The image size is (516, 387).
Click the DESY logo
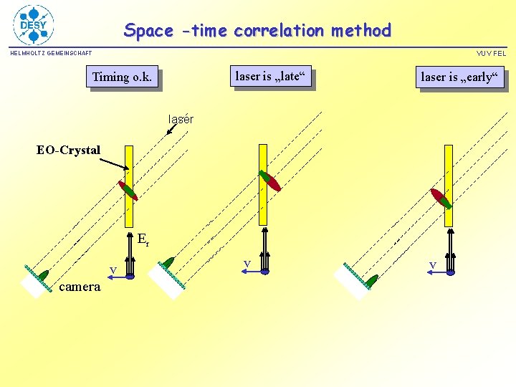[33, 25]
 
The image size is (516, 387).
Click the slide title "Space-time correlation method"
[257, 31]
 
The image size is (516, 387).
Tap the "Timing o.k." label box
[122, 77]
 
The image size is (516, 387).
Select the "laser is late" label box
[271, 75]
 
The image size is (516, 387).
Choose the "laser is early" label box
[460, 77]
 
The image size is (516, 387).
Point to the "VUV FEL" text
[491, 53]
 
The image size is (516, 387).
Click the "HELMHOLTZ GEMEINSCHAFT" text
[51, 53]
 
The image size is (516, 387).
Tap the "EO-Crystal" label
[69, 150]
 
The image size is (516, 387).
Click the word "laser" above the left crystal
[180, 118]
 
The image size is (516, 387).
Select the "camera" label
[80, 287]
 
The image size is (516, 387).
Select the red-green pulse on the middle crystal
[269, 181]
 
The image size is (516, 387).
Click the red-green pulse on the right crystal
[441, 199]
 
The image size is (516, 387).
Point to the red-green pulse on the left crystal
[128, 190]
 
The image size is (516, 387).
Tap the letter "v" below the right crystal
[432, 265]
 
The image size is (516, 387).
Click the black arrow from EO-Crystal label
[113, 163]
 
